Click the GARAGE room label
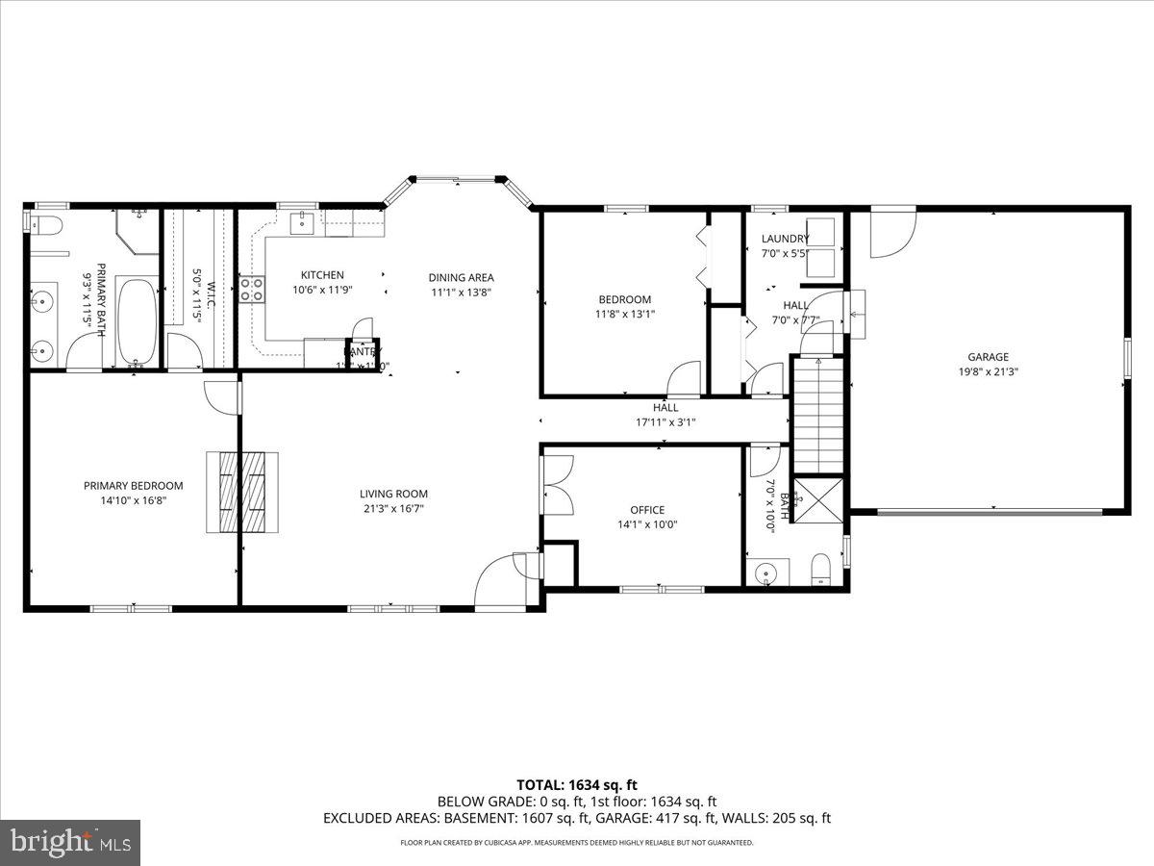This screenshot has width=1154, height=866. click(x=988, y=357)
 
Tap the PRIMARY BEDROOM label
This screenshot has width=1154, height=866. click(x=133, y=486)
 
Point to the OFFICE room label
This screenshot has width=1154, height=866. click(x=647, y=510)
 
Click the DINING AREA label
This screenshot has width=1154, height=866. click(x=461, y=277)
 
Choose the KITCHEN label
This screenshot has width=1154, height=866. click(x=321, y=275)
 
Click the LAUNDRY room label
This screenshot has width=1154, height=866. click(x=785, y=239)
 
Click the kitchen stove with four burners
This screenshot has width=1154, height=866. click(x=252, y=290)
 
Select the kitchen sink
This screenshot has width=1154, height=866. click(x=301, y=223)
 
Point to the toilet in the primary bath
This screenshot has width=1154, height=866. click(x=45, y=227)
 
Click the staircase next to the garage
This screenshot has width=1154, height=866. click(x=818, y=414)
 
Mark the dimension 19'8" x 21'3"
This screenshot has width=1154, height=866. click(x=988, y=371)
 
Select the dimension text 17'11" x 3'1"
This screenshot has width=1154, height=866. click(x=665, y=421)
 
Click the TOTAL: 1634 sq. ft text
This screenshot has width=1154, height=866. click(x=576, y=784)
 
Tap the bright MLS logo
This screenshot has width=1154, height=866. click(x=70, y=843)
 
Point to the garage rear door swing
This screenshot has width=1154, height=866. click(x=891, y=234)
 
